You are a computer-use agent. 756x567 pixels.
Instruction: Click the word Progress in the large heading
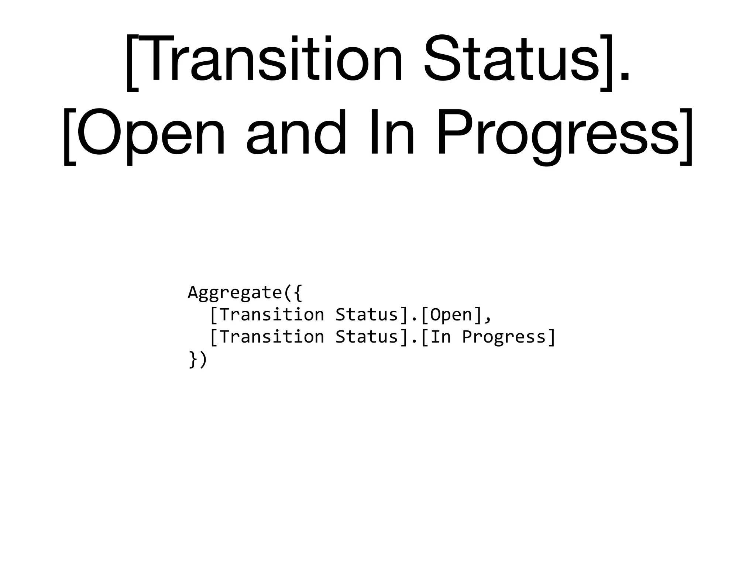(x=557, y=135)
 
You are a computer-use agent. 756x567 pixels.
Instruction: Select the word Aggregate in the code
(x=235, y=293)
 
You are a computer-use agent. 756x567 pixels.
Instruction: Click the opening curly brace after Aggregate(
(x=298, y=293)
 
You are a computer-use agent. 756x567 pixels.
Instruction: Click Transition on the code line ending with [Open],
(x=272, y=315)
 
